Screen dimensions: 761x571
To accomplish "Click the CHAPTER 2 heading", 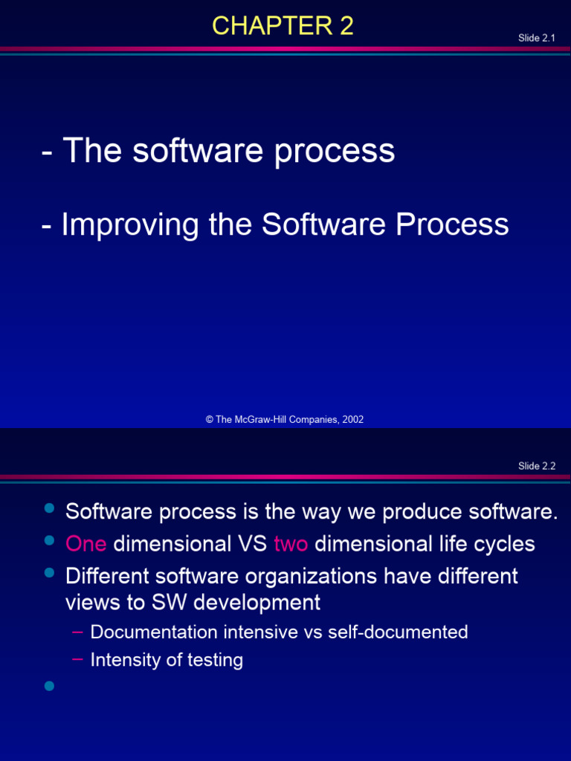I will point(283,27).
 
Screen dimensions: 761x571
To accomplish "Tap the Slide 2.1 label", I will point(537,38).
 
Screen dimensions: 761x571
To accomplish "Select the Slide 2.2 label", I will point(537,466).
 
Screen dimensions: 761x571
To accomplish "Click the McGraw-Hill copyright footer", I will point(285,419).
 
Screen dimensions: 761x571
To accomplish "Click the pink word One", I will point(86,544).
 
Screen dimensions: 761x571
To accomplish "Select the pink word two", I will point(291,544).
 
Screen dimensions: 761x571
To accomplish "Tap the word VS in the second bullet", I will point(253,544).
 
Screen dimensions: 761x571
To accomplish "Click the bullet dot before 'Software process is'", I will point(50,508).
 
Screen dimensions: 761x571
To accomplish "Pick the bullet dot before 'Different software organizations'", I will point(50,572).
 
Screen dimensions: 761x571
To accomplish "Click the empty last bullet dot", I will point(50,685).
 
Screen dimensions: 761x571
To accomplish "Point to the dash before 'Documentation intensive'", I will point(77,632).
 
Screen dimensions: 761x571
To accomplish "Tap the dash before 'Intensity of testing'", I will point(77,659).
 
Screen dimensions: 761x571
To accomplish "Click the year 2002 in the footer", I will point(353,419).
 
